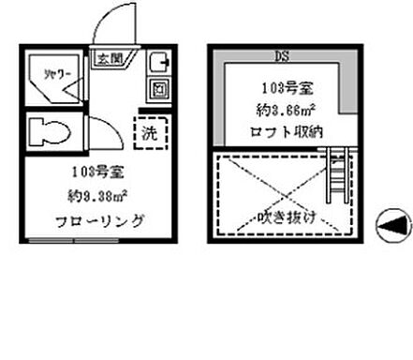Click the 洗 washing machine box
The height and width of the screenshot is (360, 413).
click(x=149, y=132)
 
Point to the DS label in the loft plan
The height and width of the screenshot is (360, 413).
click(x=280, y=52)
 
